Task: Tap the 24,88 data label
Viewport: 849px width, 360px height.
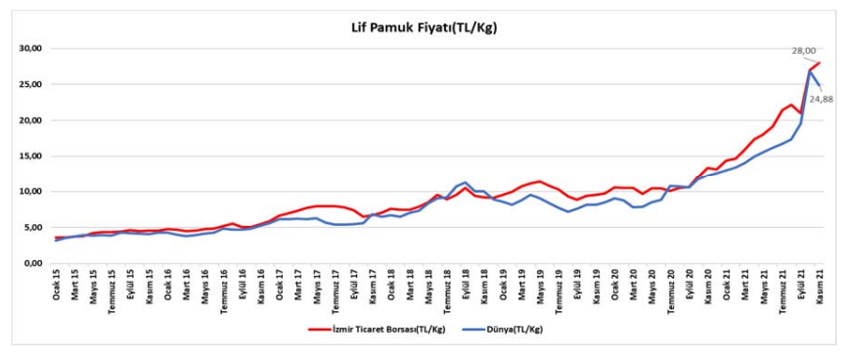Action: [x=823, y=99]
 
